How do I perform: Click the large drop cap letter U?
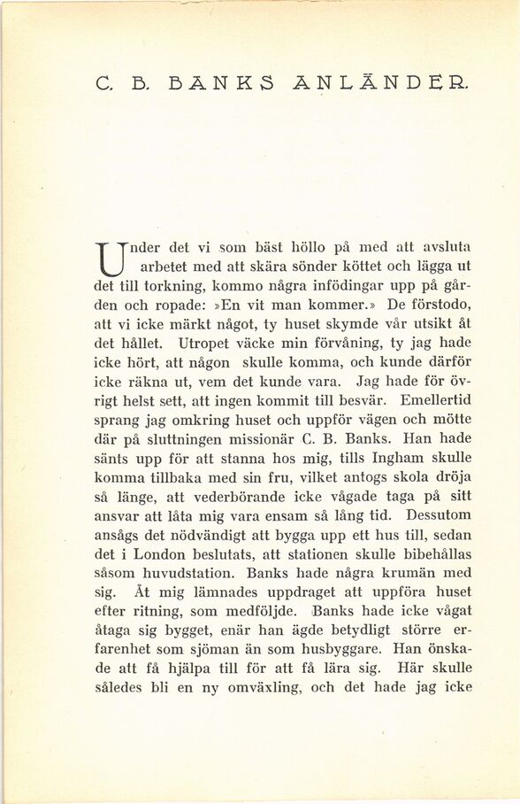(112, 256)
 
